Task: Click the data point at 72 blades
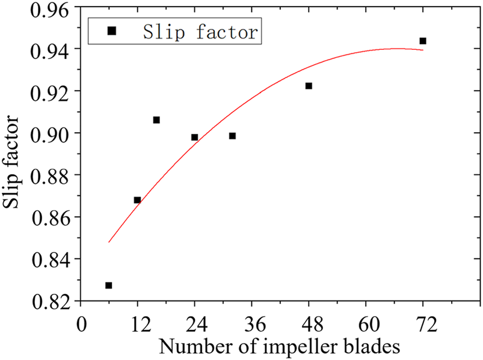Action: pyautogui.click(x=423, y=41)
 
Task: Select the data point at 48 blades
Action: pyautogui.click(x=309, y=86)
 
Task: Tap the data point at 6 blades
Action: pyautogui.click(x=108, y=285)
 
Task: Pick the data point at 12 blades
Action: pyautogui.click(x=137, y=200)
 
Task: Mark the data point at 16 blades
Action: pyautogui.click(x=156, y=120)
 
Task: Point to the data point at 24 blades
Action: pyautogui.click(x=194, y=137)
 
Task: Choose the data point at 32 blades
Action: pyautogui.click(x=232, y=136)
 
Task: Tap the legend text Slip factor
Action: pyautogui.click(x=201, y=32)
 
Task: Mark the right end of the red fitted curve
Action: pyautogui.click(x=423, y=50)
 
